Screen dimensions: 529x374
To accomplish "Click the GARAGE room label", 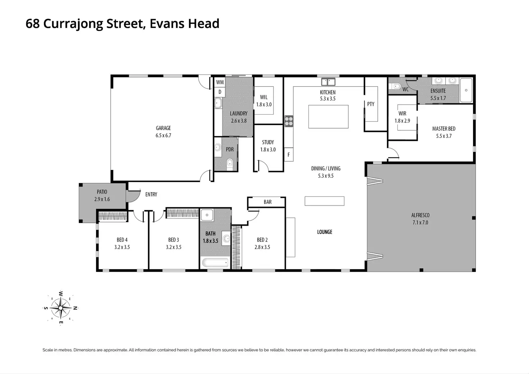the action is pyautogui.click(x=163, y=128).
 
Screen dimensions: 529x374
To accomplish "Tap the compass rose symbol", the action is pyautogui.click(x=61, y=308).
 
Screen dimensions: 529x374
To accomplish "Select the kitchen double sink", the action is pyautogui.click(x=328, y=82).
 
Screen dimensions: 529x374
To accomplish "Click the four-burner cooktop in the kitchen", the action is pyautogui.click(x=289, y=121).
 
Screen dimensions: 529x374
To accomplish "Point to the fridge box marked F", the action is pyautogui.click(x=289, y=154).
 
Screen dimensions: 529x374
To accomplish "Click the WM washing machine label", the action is pyautogui.click(x=220, y=82).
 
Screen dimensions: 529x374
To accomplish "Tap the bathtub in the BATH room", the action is pyautogui.click(x=215, y=263).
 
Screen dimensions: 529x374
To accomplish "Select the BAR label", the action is pyautogui.click(x=268, y=202).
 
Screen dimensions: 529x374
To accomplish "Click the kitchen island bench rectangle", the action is pyautogui.click(x=328, y=117).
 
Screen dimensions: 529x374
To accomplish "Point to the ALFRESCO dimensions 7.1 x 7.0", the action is pyautogui.click(x=420, y=222).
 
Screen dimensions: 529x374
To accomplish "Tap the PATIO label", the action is pyautogui.click(x=102, y=192).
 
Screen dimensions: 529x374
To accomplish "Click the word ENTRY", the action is pyautogui.click(x=151, y=194).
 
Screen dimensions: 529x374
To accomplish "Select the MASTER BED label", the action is pyautogui.click(x=444, y=129).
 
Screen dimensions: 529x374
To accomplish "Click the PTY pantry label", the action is pyautogui.click(x=371, y=104).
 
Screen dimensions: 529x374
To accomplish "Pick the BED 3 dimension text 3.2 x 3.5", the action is pyautogui.click(x=174, y=247).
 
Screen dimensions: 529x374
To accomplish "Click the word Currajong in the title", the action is pyautogui.click(x=73, y=24).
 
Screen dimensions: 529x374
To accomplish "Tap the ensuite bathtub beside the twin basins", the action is pyautogui.click(x=466, y=90).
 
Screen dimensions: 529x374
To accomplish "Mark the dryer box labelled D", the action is pyautogui.click(x=220, y=92).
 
